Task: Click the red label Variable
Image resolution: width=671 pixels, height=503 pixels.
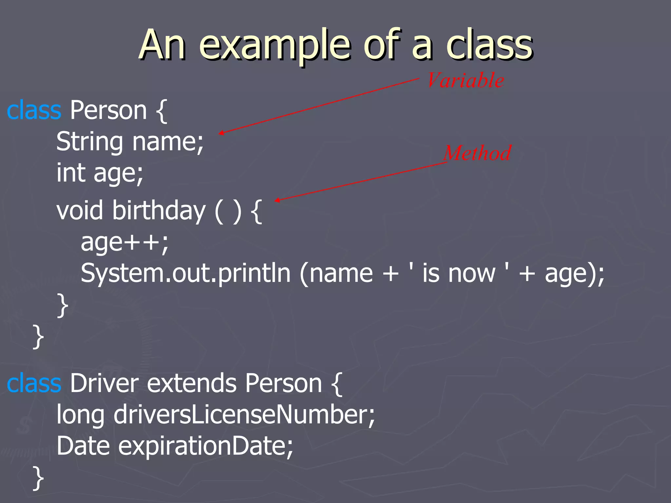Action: pos(466,81)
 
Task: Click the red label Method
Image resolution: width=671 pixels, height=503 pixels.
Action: pos(477,153)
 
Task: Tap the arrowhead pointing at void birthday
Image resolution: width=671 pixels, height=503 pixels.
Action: pos(277,200)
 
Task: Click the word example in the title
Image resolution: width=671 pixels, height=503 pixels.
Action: pos(275,46)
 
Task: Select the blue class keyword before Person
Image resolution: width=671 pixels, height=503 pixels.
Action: pos(34,110)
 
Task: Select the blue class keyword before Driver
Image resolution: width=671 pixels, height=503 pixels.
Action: pos(34,383)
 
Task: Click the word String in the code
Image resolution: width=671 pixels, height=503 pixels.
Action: pos(89,142)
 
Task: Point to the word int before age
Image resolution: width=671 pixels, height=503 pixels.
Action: pos(71,173)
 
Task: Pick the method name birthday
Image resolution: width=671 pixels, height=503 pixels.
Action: pos(159,211)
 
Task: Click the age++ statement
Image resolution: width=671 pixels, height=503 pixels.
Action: pos(125,242)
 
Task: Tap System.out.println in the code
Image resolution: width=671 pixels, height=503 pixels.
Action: pos(185,273)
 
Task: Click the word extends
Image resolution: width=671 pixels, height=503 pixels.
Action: pos(192,383)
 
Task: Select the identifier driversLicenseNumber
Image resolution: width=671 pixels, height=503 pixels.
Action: pos(244,415)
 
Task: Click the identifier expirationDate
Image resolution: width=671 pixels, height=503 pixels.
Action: pos(205,446)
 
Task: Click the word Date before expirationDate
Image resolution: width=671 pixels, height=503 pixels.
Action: pos(83,446)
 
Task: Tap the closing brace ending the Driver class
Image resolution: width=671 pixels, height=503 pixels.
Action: pos(38,478)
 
